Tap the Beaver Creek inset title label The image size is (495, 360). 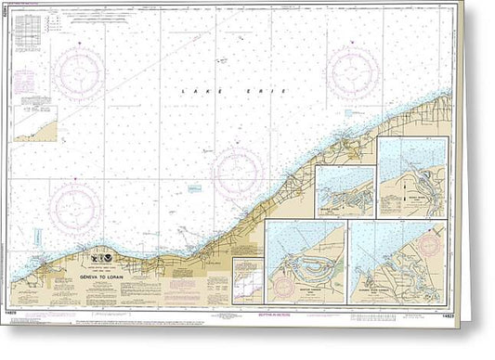click(333, 210)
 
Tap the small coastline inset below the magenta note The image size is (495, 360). click(35, 123)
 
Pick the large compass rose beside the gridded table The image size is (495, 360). click(78, 71)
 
